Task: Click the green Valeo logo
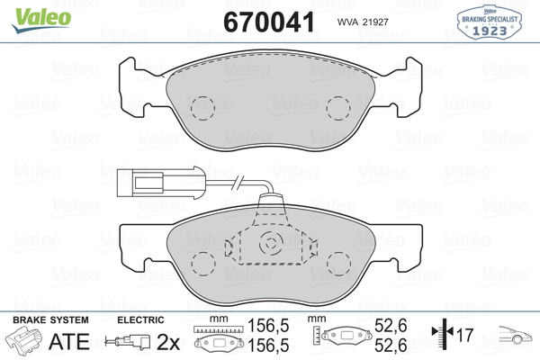pyautogui.click(x=41, y=20)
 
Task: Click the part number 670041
pyautogui.click(x=269, y=22)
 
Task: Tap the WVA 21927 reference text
pyautogui.click(x=363, y=22)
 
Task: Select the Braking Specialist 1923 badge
pyautogui.click(x=490, y=22)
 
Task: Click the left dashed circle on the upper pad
pyautogui.click(x=202, y=108)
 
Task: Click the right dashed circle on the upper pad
pyautogui.click(x=338, y=108)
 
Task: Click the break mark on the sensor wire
pyautogui.click(x=238, y=182)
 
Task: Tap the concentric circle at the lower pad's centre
pyautogui.click(x=271, y=244)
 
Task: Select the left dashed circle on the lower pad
pyautogui.click(x=203, y=264)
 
